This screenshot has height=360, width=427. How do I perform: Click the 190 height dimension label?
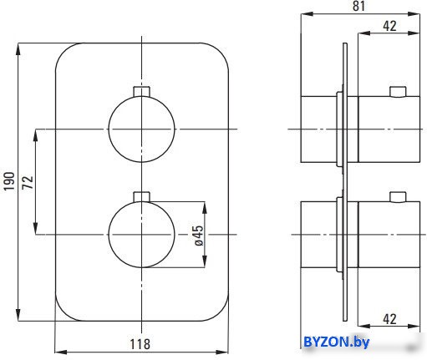9,181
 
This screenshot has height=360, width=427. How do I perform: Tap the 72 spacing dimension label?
28,182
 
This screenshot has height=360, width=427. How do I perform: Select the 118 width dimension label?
140,344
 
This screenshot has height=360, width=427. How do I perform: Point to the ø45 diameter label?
199,236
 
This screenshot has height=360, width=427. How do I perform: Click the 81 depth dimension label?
358,6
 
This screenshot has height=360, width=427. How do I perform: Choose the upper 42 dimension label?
389,26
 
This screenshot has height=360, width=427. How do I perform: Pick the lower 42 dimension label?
389,319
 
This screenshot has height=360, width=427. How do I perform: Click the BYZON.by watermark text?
336,342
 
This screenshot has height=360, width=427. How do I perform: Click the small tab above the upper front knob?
142,92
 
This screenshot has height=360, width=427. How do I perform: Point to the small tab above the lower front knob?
142,197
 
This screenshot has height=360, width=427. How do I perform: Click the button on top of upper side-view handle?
398,92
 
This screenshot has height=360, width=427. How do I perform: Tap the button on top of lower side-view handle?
398,197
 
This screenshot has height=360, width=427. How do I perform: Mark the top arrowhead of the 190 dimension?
18,49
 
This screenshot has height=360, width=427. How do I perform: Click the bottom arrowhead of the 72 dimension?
35,228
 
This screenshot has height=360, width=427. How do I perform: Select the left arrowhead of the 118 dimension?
61,352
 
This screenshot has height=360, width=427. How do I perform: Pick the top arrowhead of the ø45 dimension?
205,208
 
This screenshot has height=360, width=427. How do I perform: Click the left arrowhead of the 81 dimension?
308,14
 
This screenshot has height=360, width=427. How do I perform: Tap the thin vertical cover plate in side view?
345,182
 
